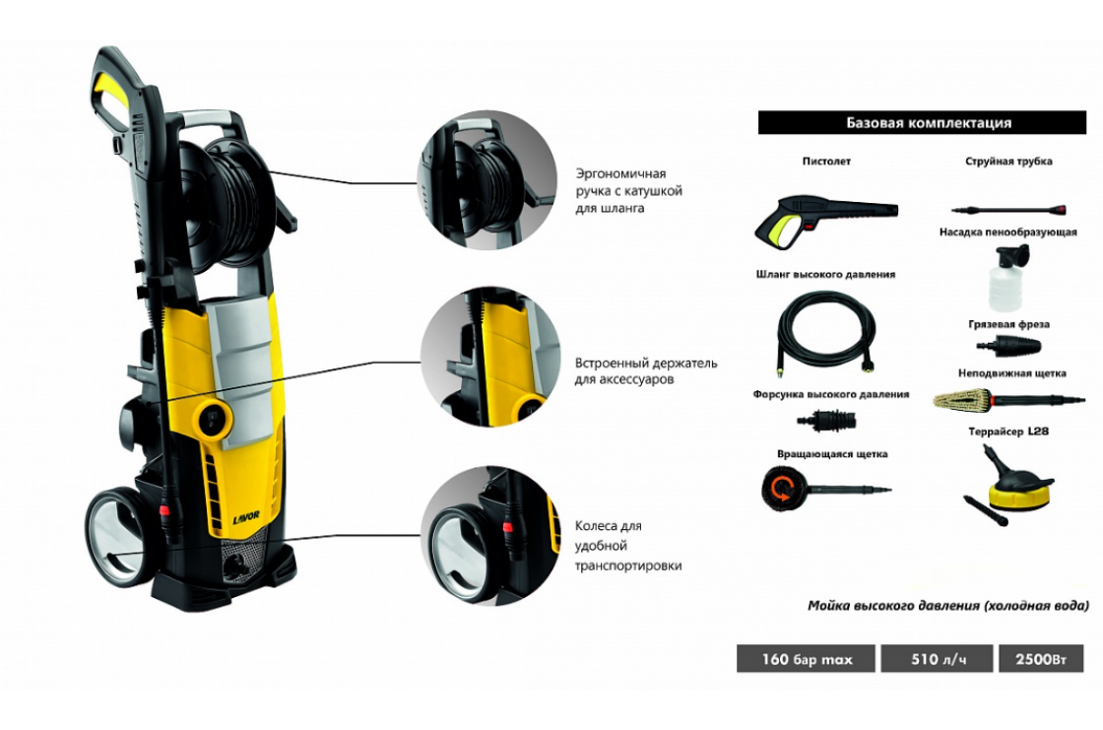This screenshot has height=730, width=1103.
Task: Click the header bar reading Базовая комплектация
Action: [922, 122]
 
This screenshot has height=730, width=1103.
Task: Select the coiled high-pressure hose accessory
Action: [826, 334]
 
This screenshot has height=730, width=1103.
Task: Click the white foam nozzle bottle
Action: [1006, 278]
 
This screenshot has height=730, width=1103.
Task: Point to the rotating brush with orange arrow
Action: [781, 489]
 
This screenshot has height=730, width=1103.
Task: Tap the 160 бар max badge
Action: [807, 659]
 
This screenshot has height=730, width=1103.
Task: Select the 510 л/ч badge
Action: [937, 659]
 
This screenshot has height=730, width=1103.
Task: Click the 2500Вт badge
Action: [1041, 659]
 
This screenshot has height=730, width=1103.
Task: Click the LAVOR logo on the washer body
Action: [246, 517]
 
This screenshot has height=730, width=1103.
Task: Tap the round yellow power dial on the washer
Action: [215, 418]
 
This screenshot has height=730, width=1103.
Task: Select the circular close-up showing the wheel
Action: [490, 536]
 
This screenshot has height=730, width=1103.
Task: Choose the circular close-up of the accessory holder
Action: [490, 357]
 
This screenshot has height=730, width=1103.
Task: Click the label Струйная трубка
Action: [1008, 162]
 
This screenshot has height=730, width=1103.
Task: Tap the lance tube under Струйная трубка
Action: [1008, 210]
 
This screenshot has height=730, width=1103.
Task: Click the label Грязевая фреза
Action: [1008, 324]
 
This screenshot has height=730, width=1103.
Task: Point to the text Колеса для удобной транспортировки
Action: [628, 546]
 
